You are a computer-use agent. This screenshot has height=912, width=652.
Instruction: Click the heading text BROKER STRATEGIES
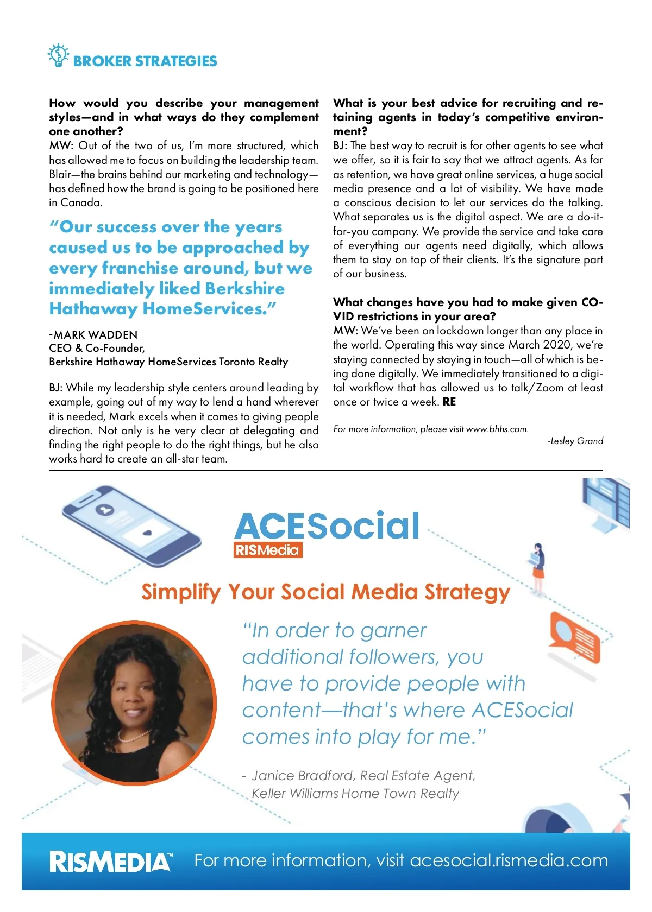click(x=145, y=61)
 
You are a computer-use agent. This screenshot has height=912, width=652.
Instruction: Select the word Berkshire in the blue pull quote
click(x=245, y=289)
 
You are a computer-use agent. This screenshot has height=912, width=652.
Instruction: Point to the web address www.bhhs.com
click(x=497, y=429)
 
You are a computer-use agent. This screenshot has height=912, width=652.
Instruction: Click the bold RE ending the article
click(x=449, y=402)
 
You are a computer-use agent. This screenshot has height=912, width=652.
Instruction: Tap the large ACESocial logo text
click(x=327, y=525)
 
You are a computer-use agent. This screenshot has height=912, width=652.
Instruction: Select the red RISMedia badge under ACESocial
click(x=267, y=550)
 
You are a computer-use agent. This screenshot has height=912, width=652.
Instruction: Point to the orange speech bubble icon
click(x=575, y=637)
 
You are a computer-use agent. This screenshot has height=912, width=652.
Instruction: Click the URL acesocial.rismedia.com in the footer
click(x=509, y=860)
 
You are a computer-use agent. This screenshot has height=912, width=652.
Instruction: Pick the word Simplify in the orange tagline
click(x=181, y=592)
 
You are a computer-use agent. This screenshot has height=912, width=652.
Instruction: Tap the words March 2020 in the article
click(x=540, y=345)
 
